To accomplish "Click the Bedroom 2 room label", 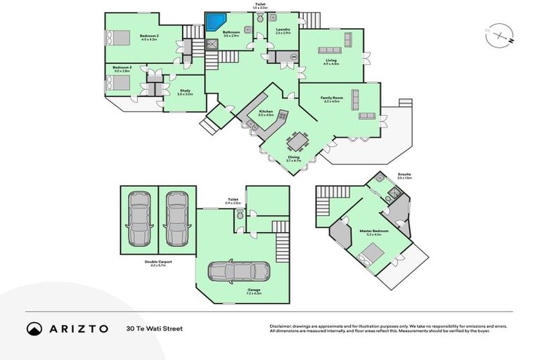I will [x=148, y=36].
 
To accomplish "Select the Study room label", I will [x=185, y=90].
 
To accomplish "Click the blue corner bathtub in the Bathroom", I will [x=214, y=22].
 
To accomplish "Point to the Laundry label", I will [x=283, y=30].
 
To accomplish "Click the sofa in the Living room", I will [x=330, y=50].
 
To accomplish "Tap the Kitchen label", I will [x=265, y=111].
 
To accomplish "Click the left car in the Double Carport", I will [x=139, y=219].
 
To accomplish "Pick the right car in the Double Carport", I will [x=176, y=219].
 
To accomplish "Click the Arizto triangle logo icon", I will [x=34, y=328].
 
